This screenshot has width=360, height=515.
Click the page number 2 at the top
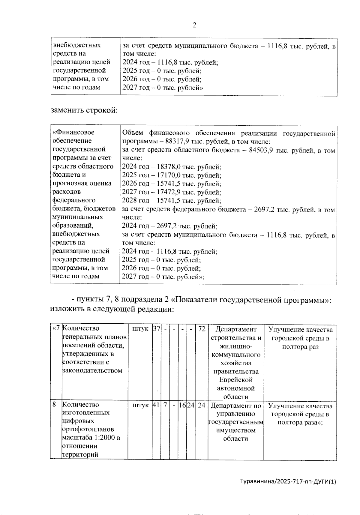click(194, 25)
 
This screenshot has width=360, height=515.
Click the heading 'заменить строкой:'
click(84, 110)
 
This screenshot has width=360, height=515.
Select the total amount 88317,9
click(178, 142)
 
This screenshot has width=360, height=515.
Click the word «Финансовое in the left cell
click(73, 132)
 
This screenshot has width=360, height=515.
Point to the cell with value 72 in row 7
click(202, 329)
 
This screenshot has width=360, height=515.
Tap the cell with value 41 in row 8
click(156, 405)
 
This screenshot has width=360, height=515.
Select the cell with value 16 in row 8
click(182, 405)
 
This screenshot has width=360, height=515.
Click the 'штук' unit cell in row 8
click(140, 405)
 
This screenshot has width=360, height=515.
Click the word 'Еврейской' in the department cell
click(235, 380)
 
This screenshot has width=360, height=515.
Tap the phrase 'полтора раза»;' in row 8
click(300, 422)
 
